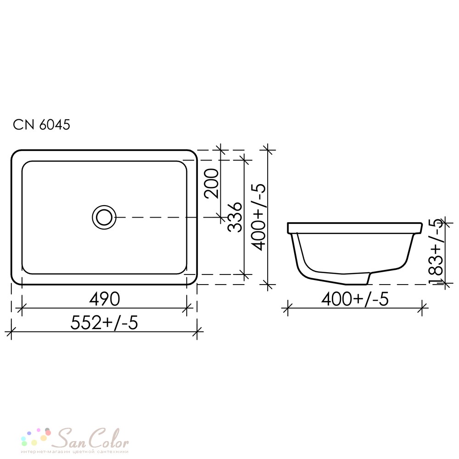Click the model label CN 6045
(42, 125)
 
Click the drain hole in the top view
(104, 218)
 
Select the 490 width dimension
(105, 299)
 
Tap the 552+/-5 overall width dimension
(104, 323)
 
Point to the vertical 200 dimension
(212, 184)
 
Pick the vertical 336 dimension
(235, 217)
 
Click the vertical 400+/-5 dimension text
(258, 217)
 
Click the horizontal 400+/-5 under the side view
(355, 299)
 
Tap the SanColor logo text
(92, 438)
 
